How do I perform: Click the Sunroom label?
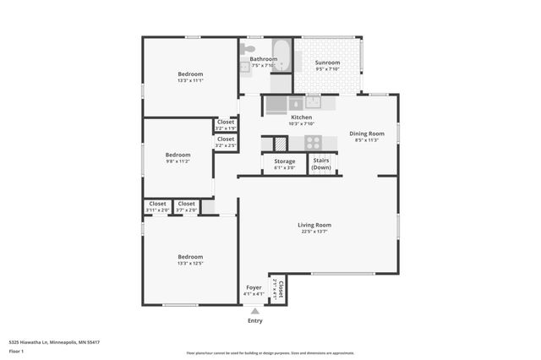click(327, 63)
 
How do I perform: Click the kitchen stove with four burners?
click(314, 143)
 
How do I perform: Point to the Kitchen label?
click(302, 117)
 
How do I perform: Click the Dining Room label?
click(367, 134)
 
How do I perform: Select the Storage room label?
click(285, 161)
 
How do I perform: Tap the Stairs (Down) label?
click(321, 163)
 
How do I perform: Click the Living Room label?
click(314, 225)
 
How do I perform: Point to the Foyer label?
click(254, 287)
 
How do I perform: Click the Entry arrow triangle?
click(254, 312)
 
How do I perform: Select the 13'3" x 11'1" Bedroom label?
click(190, 74)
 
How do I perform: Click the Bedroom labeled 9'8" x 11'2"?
click(178, 155)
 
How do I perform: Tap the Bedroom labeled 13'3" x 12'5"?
click(190, 257)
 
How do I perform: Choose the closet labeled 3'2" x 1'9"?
click(226, 123)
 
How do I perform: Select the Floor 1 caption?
click(16, 351)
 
